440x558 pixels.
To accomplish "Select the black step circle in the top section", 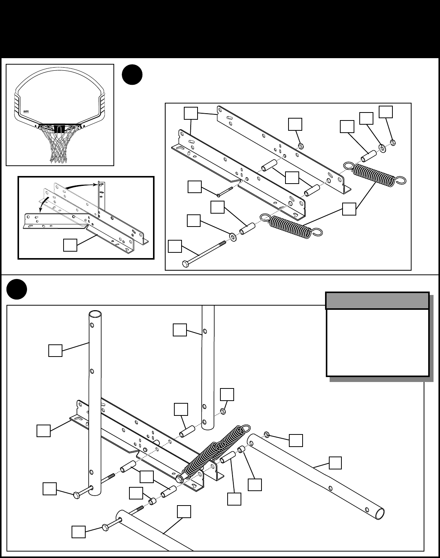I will point(132,75).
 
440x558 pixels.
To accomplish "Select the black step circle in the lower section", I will point(17,290).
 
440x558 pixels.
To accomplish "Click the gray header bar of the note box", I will point(377,301).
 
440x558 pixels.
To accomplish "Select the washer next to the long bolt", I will point(232,238).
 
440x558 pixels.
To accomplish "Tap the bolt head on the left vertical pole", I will point(76,495).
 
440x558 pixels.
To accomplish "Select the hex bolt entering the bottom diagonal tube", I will point(106,527).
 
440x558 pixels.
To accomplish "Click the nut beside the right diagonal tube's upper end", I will point(267,434).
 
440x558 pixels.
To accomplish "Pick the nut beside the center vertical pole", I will point(223,411).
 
